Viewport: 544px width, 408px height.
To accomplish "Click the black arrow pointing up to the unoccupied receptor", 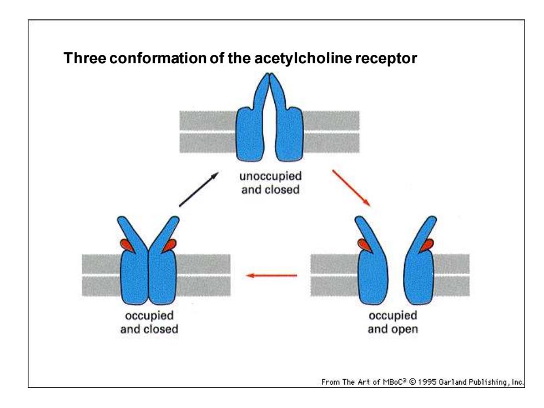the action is coord(199,189).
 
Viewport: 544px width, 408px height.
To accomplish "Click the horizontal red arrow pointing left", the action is coord(271,275).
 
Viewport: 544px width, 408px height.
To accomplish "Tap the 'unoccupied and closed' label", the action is coord(270,183).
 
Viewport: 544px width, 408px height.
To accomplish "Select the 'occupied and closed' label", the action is coord(149,323).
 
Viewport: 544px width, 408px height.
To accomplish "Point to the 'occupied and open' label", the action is coord(393,323).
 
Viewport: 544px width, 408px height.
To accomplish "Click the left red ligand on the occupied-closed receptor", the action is coord(127,245).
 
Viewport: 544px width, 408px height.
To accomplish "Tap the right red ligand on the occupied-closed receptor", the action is coord(170,245).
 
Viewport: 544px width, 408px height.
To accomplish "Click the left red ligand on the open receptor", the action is coord(364,245).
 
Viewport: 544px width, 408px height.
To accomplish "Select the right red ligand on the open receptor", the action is coord(426,245).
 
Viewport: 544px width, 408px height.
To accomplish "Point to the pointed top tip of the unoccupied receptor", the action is coord(269,73).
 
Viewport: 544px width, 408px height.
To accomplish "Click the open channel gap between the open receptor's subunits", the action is coord(396,278).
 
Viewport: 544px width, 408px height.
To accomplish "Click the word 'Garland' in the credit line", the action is coord(452,382).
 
